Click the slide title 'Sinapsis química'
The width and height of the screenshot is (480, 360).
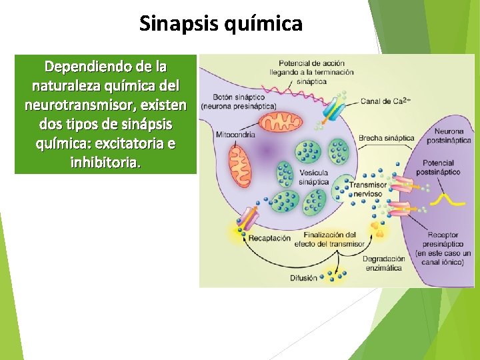click(221, 24)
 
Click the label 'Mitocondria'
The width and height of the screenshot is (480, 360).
click(235, 135)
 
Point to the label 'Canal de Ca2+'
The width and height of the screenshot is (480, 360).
click(385, 101)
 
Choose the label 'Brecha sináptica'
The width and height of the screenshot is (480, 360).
click(386, 138)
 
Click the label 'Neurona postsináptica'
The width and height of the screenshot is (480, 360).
click(453, 137)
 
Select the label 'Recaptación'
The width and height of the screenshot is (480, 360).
click(269, 238)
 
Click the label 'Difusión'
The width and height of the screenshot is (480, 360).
click(303, 278)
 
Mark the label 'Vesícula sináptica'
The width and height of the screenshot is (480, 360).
click(313, 177)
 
